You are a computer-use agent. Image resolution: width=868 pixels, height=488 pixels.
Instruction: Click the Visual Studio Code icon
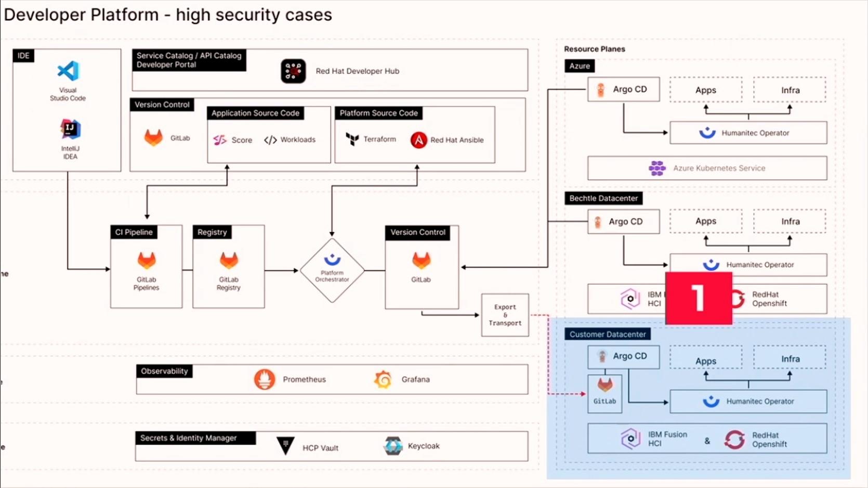point(68,71)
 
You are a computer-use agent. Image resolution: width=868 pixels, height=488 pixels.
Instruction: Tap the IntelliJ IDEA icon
point(70,129)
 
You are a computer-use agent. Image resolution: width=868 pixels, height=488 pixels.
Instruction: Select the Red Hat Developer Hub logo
point(293,71)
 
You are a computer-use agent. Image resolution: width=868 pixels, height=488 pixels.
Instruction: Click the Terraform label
point(379,139)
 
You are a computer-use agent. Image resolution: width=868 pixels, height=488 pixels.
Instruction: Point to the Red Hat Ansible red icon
point(418,140)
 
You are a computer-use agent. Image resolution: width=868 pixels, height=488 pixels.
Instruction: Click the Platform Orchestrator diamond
point(332,270)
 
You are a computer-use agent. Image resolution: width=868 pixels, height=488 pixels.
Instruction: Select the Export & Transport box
point(505,315)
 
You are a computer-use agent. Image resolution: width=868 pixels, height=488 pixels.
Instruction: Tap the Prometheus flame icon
point(265,379)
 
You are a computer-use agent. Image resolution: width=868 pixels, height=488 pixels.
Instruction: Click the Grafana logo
point(383,379)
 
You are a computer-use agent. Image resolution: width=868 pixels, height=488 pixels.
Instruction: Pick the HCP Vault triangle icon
point(285,446)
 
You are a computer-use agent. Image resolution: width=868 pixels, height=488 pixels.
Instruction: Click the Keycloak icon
point(393,446)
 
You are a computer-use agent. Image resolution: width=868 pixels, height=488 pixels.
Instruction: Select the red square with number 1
point(699,298)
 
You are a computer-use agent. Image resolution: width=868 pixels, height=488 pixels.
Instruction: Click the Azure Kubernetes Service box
point(707,168)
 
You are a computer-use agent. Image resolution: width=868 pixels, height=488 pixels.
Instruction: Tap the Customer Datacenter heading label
point(607,334)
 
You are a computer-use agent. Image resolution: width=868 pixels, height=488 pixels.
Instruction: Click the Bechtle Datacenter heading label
point(603,198)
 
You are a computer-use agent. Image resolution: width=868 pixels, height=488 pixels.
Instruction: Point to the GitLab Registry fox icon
point(229,260)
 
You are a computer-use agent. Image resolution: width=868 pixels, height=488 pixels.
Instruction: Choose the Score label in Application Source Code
point(242,140)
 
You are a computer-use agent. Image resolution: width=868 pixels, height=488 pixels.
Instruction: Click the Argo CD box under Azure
point(623,89)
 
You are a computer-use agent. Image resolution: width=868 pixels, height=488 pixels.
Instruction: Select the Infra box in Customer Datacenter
point(790,359)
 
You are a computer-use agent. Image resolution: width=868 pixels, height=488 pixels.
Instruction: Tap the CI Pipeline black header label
point(134,232)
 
